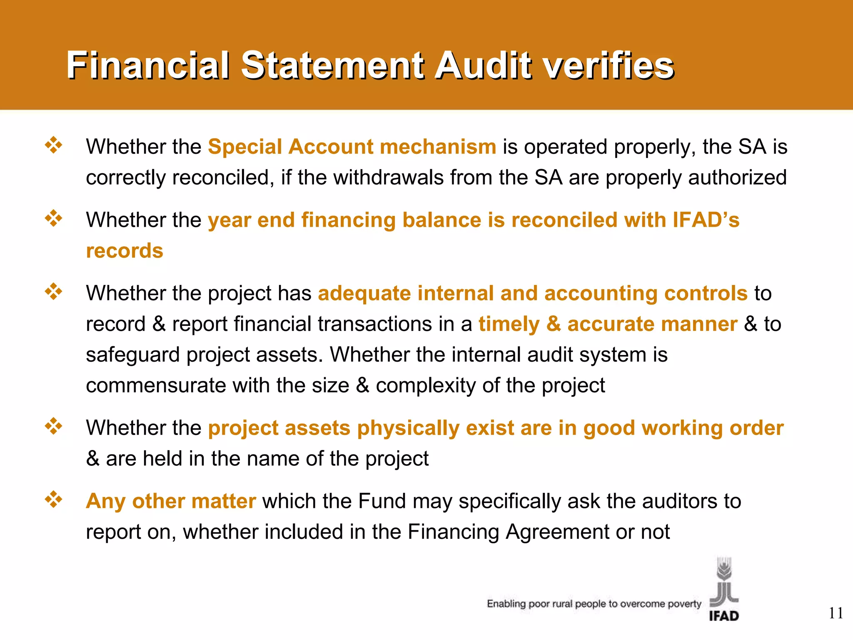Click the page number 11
click(836, 613)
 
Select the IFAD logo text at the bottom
click(724, 616)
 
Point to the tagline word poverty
click(684, 604)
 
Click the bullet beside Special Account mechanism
click(54, 145)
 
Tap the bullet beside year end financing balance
click(54, 218)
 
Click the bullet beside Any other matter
click(54, 500)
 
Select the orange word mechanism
click(438, 147)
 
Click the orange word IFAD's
click(706, 220)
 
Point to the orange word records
click(125, 251)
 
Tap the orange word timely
click(509, 324)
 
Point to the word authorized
click(737, 178)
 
